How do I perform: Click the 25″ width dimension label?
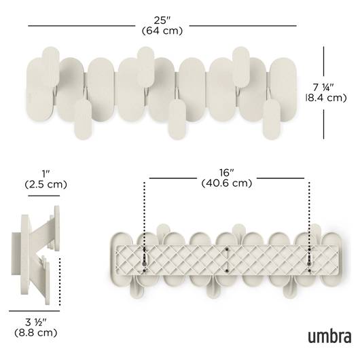click(162, 20)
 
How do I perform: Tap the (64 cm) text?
click(162, 31)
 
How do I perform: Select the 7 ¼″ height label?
click(323, 88)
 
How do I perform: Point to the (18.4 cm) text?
click(326, 98)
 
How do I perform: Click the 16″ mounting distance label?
click(226, 173)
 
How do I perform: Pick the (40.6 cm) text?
click(227, 183)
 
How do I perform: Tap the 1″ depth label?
click(46, 174)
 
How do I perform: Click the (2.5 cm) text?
click(46, 184)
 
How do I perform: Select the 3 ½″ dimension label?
click(35, 323)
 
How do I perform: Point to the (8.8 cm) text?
click(35, 333)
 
